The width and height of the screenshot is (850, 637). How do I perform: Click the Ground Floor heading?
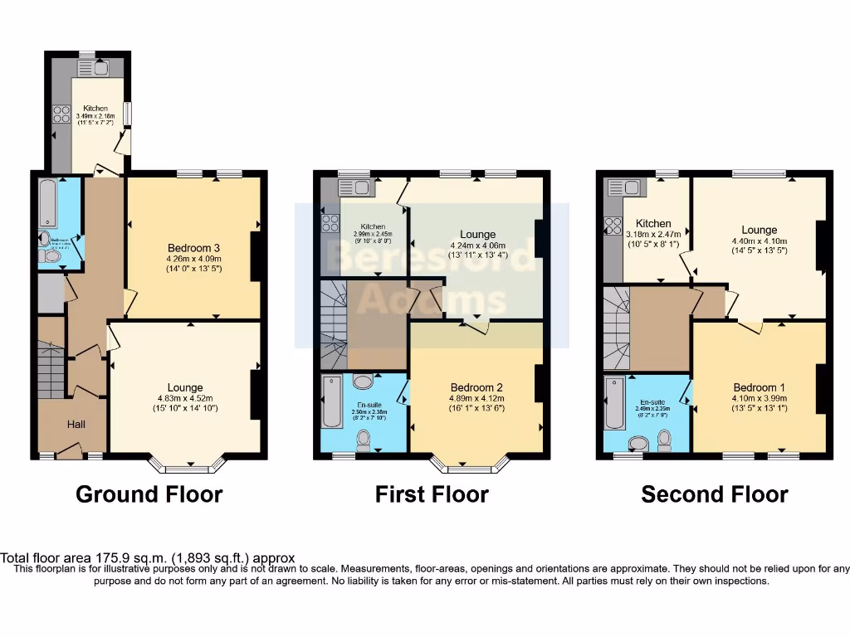[149, 495]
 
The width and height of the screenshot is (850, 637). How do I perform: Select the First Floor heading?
[432, 495]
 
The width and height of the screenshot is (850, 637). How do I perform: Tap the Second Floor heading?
[714, 495]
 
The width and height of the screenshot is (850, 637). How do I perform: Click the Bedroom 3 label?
[193, 248]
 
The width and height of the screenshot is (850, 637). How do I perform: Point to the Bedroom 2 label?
[476, 387]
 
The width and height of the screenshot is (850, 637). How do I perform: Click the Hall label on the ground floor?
[76, 425]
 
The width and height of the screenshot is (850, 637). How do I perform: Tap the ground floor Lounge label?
[184, 387]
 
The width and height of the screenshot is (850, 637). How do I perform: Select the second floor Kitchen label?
[653, 223]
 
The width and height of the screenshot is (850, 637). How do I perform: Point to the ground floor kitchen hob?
[61, 114]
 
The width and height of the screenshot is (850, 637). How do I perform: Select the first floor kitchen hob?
[330, 222]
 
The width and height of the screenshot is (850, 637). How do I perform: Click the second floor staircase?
[616, 328]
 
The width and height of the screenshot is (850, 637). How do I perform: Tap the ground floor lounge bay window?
[188, 465]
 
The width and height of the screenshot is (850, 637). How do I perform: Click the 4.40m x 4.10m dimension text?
[759, 241]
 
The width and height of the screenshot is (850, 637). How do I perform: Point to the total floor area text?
[148, 558]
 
